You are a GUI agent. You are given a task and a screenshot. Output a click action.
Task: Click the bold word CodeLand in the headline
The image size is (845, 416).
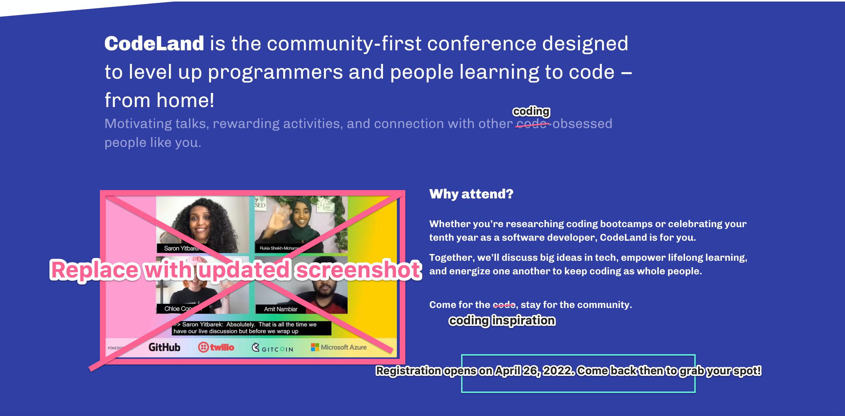pos(154,44)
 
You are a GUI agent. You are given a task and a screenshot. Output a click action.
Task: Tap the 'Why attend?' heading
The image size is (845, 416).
pos(471,194)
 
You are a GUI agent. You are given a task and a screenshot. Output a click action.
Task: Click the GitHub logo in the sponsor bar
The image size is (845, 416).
pos(164,347)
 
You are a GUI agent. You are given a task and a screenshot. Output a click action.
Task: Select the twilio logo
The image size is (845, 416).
pos(216,347)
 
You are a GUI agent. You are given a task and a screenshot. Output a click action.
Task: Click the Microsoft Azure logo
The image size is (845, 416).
pos(338,347)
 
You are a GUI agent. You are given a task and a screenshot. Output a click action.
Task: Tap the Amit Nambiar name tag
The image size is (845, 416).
pos(280,309)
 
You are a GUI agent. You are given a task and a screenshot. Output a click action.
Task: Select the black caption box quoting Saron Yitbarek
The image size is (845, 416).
pos(251,328)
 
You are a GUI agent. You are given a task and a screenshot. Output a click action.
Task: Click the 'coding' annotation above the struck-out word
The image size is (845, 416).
pos(531,111)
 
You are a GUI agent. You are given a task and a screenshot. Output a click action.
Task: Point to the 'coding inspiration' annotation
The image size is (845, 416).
pos(502,320)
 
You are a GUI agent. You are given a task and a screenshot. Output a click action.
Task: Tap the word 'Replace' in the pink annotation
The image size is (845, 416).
pos(95,270)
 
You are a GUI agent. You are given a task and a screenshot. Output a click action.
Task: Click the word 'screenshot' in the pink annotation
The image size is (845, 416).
pos(358,270)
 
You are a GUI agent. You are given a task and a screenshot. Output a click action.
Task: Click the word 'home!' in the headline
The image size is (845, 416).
pos(185,100)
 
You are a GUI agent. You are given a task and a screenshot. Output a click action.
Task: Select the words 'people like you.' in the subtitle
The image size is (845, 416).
pos(153,143)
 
